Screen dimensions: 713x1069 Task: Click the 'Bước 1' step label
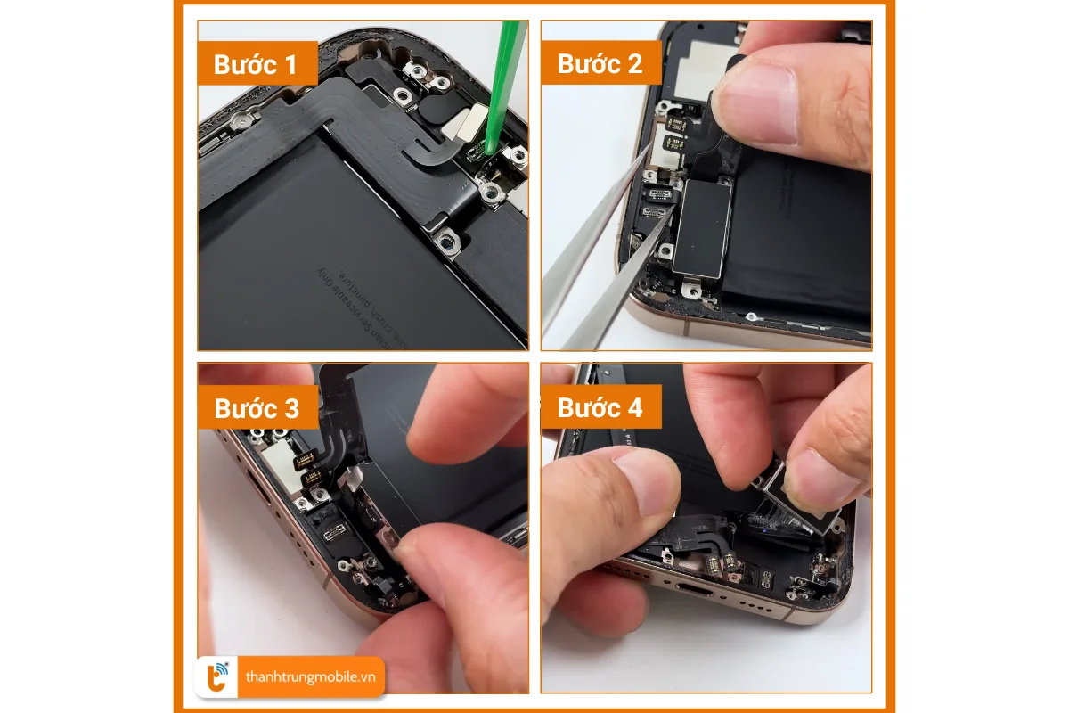(257, 64)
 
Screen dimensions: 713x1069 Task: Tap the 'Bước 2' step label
(600, 64)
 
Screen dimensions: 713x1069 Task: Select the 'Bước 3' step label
(257, 407)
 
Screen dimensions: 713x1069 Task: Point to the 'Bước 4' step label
(600, 407)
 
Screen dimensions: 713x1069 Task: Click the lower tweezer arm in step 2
(606, 294)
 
